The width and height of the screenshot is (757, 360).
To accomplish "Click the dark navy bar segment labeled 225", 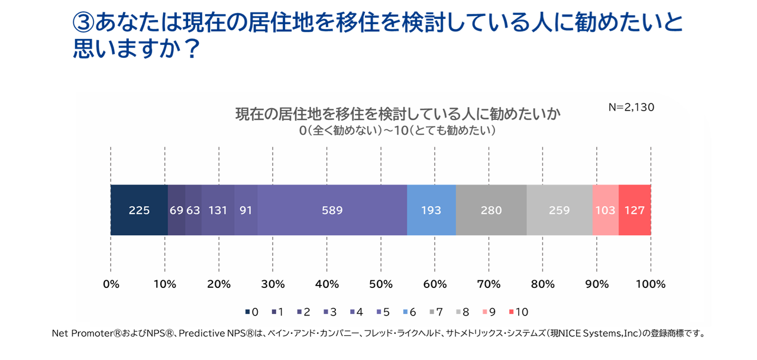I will (x=139, y=210).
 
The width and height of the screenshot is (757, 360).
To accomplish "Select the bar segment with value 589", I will (x=332, y=210).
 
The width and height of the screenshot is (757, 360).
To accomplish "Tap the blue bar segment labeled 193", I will (x=431, y=210).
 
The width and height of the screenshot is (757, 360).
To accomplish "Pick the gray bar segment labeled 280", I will (x=491, y=210).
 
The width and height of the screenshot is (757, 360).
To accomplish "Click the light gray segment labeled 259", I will (x=559, y=210).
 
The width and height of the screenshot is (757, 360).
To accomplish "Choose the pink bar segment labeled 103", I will (x=605, y=210).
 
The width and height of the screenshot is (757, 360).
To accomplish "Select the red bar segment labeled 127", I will (x=635, y=210).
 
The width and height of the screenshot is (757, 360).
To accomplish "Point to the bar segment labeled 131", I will (x=218, y=210).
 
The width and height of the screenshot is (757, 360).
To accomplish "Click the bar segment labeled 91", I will (x=245, y=210).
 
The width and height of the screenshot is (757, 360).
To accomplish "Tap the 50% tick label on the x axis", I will (x=381, y=284).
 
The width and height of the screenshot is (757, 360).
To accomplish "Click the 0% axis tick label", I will (x=111, y=284).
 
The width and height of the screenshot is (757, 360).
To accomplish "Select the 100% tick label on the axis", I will (x=651, y=284).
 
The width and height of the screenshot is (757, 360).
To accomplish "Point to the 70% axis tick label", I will (x=489, y=284).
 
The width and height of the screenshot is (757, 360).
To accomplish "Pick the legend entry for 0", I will (x=251, y=312).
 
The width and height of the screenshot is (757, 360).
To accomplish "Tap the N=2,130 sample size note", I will (x=631, y=108).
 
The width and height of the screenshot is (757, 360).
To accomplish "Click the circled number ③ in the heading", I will (x=83, y=22).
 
